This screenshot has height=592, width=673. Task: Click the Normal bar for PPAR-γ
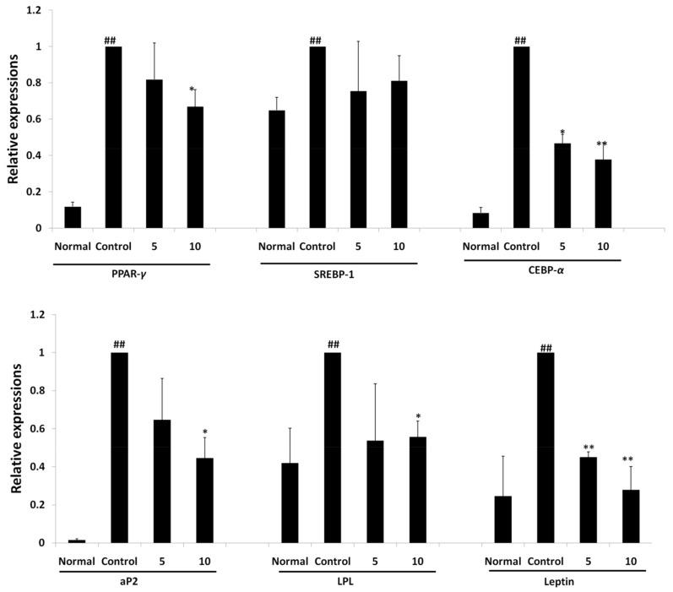[x=72, y=217]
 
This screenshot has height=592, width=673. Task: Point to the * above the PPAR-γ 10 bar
[x=193, y=90]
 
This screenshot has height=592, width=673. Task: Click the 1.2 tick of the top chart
[x=33, y=10]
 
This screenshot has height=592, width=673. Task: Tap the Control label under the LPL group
[x=333, y=561]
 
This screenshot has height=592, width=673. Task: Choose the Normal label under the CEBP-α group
[x=480, y=247]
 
